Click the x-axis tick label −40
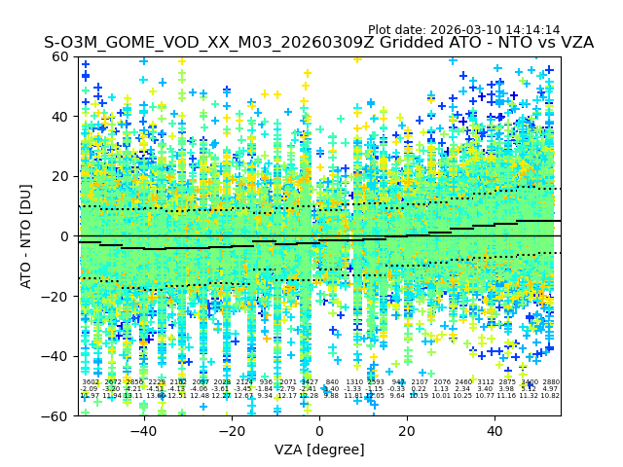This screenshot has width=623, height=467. (143, 431)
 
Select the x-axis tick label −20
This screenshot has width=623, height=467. (231, 431)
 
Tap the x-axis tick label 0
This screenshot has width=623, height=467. (319, 431)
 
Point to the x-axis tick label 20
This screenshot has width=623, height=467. (407, 431)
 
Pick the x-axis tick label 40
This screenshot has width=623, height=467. (495, 431)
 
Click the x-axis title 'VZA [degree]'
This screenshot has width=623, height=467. (319, 449)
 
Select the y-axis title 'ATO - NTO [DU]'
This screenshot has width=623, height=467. (27, 235)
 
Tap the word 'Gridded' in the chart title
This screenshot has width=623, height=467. (388, 43)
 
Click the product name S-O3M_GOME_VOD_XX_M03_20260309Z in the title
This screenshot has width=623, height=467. (197, 43)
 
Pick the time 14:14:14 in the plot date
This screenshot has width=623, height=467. (533, 30)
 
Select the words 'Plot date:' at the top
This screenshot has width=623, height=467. (399, 30)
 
